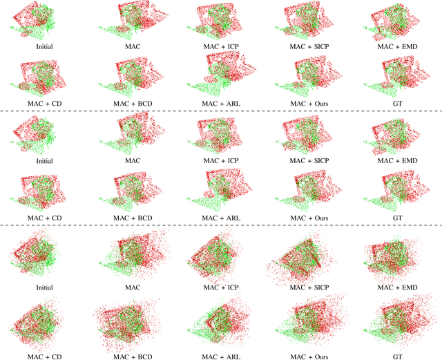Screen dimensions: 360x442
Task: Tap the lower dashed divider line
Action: [221, 225]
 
